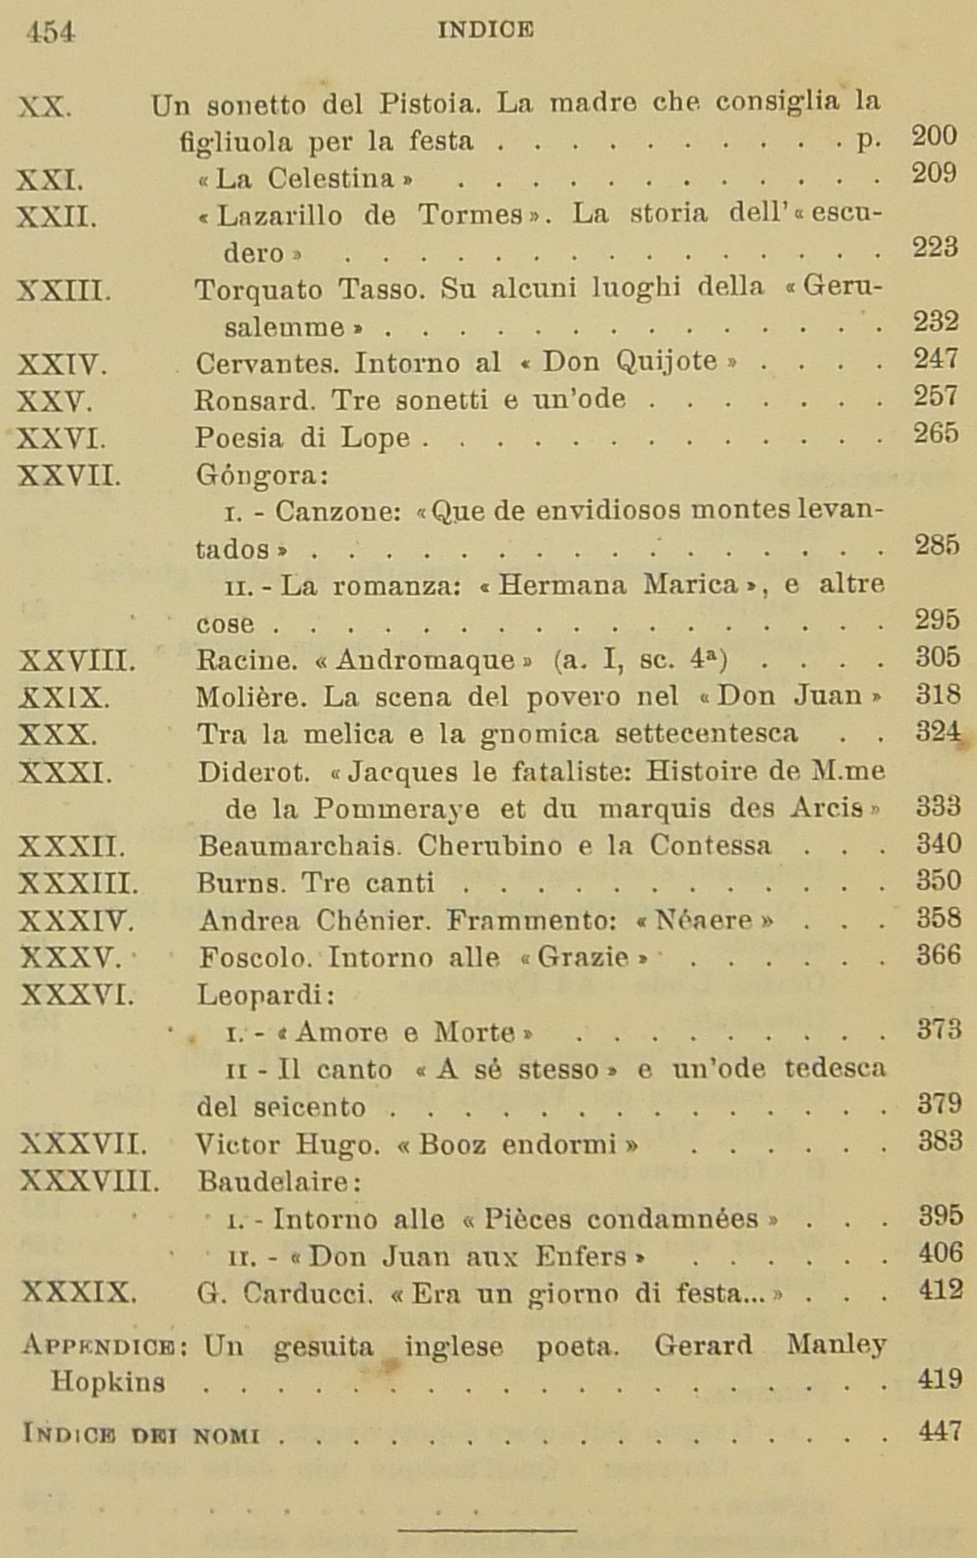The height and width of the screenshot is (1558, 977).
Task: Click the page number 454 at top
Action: [x=50, y=32]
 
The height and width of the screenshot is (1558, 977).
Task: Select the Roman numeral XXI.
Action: [x=50, y=180]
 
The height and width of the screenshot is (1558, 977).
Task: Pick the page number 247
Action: [x=936, y=359]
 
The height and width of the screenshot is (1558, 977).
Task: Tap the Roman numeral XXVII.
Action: [x=69, y=474]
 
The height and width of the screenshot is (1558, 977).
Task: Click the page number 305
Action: [x=937, y=657]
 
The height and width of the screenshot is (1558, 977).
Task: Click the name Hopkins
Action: [x=108, y=1381]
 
